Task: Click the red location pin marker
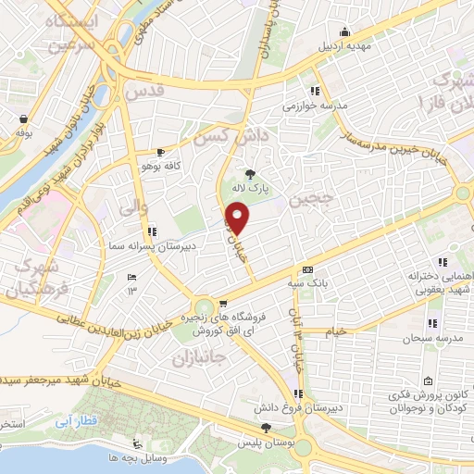tap(238, 219)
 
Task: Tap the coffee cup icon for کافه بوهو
tap(162, 152)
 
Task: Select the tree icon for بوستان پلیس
tap(267, 428)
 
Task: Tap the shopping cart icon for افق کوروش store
tap(222, 303)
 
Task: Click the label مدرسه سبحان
tap(430, 339)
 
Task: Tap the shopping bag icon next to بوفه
tap(21, 118)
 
